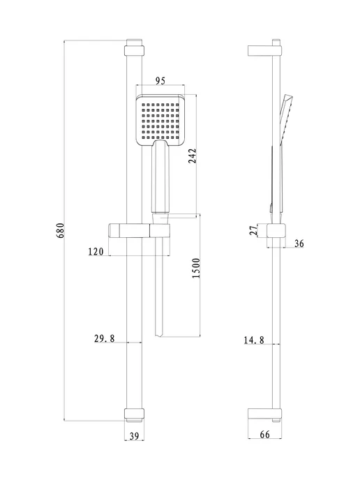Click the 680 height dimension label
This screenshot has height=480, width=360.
[x=61, y=230]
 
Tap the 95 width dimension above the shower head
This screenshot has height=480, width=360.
[x=160, y=81]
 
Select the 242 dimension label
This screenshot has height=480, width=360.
[x=192, y=156]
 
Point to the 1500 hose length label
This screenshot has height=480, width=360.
[x=196, y=268]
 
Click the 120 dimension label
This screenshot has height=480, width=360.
[x=96, y=252]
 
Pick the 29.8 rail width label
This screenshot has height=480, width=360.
[x=104, y=338]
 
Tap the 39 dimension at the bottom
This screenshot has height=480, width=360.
[x=134, y=436]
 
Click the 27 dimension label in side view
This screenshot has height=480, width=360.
[x=253, y=230]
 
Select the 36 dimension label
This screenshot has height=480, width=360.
[x=299, y=243]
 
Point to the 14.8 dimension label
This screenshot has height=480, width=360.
[x=254, y=340]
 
